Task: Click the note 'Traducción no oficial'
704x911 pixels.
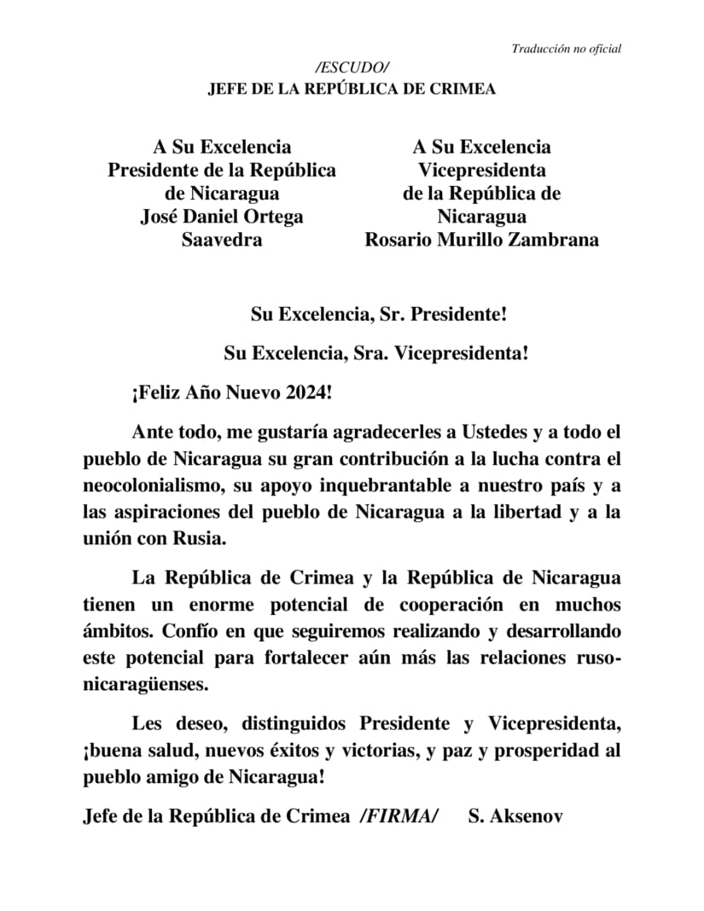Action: (x=566, y=49)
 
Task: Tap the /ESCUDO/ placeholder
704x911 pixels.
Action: (x=352, y=68)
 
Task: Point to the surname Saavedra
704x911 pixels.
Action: (x=222, y=240)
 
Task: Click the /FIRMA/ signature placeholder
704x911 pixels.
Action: (x=399, y=816)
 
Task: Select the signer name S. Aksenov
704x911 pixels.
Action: (x=515, y=816)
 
